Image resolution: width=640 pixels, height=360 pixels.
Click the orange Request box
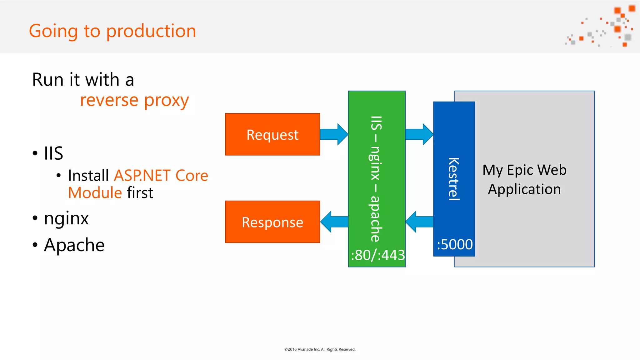(x=272, y=134)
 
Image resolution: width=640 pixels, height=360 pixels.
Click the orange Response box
(x=272, y=222)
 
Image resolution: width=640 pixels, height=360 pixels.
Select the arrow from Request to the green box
(x=333, y=134)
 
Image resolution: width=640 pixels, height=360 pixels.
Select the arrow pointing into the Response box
(x=333, y=222)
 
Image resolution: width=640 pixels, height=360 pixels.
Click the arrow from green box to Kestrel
(x=419, y=134)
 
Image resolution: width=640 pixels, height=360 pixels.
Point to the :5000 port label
(x=454, y=244)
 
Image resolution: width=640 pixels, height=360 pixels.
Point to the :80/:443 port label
(x=377, y=255)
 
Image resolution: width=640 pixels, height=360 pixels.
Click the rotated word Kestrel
(x=454, y=179)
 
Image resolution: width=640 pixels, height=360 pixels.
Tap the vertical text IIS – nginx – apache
(x=376, y=179)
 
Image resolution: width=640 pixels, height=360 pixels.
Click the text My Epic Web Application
(x=524, y=179)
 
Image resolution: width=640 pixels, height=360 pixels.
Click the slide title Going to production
(x=112, y=31)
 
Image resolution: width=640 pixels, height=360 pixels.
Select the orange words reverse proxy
(x=134, y=100)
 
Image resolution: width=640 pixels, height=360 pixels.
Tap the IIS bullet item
(x=53, y=153)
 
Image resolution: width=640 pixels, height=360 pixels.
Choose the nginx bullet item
(x=66, y=218)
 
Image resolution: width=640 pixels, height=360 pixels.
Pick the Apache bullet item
(x=74, y=245)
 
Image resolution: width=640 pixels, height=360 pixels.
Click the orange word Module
(x=95, y=192)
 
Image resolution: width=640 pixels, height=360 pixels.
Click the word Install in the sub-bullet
(x=88, y=175)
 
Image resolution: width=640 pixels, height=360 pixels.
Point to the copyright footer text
(x=320, y=349)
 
